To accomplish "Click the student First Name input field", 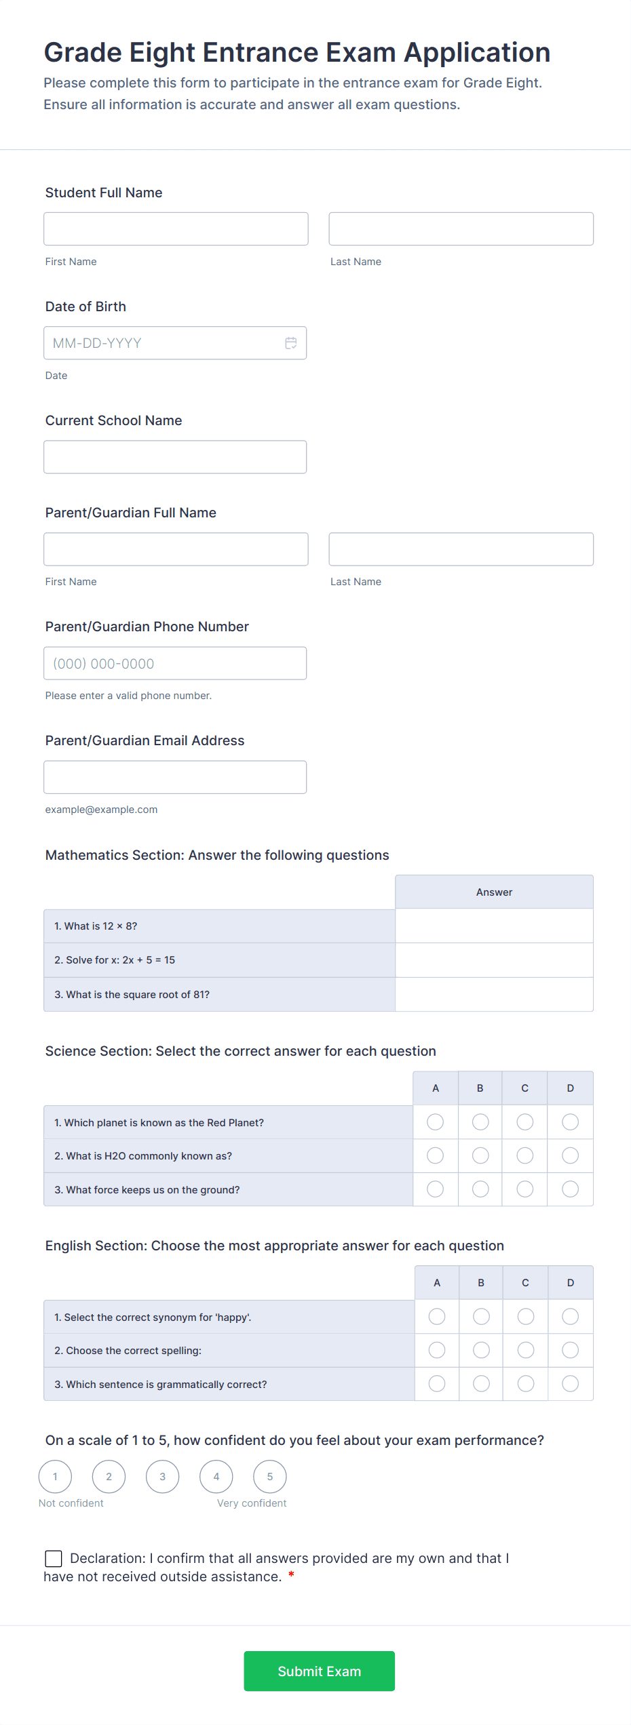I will [176, 229].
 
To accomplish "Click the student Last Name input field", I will [461, 229].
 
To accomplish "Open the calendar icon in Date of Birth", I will [291, 343].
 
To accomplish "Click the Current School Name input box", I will [175, 457].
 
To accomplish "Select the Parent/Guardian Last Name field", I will [461, 549].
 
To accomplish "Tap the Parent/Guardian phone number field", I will [175, 663].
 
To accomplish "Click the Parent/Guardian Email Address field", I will [175, 777].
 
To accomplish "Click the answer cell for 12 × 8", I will [494, 926].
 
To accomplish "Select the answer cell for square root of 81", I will [494, 995].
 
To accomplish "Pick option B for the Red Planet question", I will [480, 1122].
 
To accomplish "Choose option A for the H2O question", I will [436, 1155].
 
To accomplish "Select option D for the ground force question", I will [571, 1189].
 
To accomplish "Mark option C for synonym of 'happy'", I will [526, 1317].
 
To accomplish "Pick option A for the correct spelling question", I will [437, 1350].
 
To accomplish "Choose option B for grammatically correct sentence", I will [481, 1384].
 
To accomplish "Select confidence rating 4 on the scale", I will [216, 1477].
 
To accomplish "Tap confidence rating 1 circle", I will [56, 1477].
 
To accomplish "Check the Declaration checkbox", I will [54, 1559].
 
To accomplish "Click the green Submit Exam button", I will [319, 1671].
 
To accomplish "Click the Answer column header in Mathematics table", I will [494, 892].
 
